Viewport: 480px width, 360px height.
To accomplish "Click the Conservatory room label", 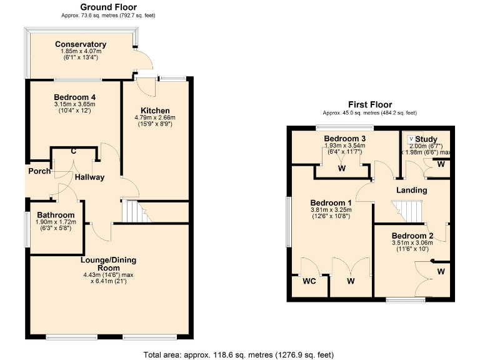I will click(x=81, y=44).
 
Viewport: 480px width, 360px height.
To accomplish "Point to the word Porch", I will click(x=38, y=171).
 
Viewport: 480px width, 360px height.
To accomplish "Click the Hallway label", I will click(x=90, y=177).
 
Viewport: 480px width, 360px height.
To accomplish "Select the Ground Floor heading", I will click(x=109, y=7).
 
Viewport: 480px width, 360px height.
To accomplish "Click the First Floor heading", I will click(x=370, y=104).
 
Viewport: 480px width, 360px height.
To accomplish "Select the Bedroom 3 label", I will click(x=344, y=138).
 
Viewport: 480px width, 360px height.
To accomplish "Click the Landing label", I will click(x=412, y=190).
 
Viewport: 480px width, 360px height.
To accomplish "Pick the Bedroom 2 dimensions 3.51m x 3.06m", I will click(x=407, y=244).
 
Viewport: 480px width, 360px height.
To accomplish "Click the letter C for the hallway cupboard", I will click(x=74, y=151).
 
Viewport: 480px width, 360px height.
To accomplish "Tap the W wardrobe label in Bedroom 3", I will click(x=342, y=168).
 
